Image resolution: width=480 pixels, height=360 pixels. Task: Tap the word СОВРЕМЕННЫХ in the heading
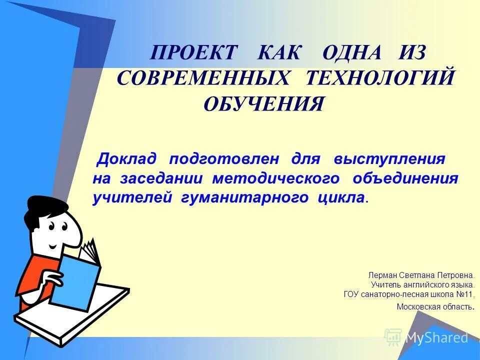click(204, 78)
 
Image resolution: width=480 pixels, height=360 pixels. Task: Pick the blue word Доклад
click(127, 159)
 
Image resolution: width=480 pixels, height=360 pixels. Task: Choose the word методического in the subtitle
click(275, 178)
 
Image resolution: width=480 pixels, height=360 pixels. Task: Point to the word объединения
click(405, 178)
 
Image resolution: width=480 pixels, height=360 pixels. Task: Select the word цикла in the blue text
click(340, 197)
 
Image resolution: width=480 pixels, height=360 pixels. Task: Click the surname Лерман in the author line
click(381, 275)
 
